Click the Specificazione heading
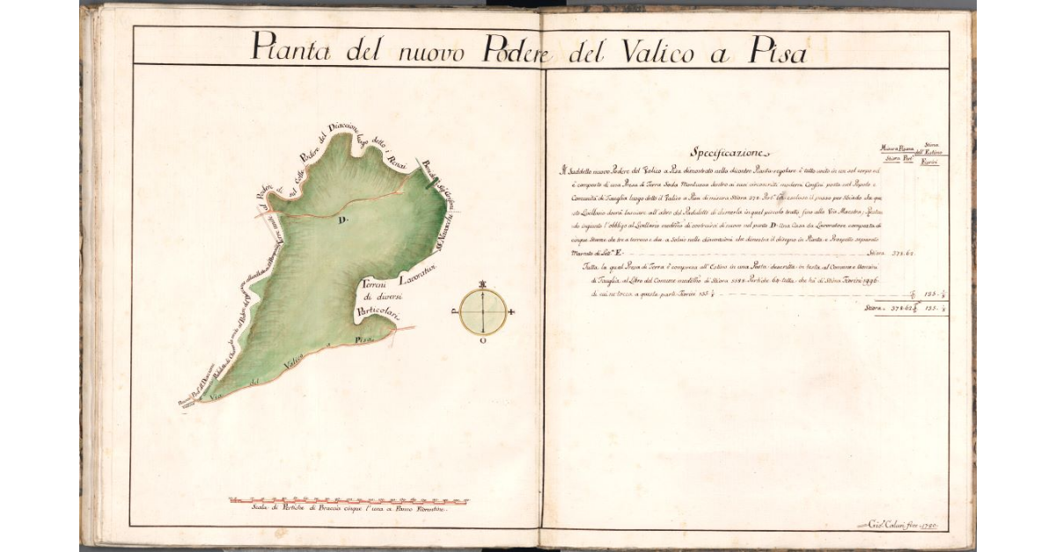point(730,151)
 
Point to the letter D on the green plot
point(344,220)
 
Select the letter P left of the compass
point(455,311)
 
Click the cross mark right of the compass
point(511,312)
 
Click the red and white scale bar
point(348,501)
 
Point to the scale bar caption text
point(340,510)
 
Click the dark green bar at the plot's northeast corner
point(429,183)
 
